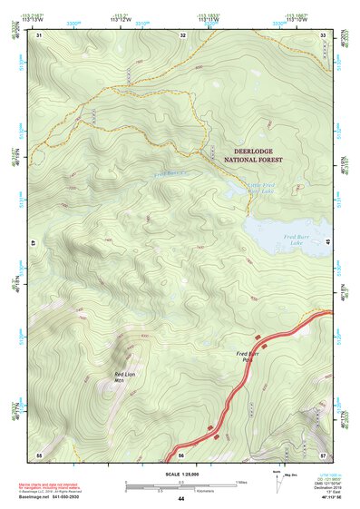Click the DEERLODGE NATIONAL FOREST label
(x=253, y=155)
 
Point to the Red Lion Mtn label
(x=126, y=376)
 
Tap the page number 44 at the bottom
(x=180, y=499)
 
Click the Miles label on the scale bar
(x=241, y=481)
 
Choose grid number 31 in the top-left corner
(x=39, y=35)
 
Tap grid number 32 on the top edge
(x=183, y=35)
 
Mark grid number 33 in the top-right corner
(x=323, y=35)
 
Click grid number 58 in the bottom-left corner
(x=39, y=454)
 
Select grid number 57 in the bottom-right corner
(x=323, y=454)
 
